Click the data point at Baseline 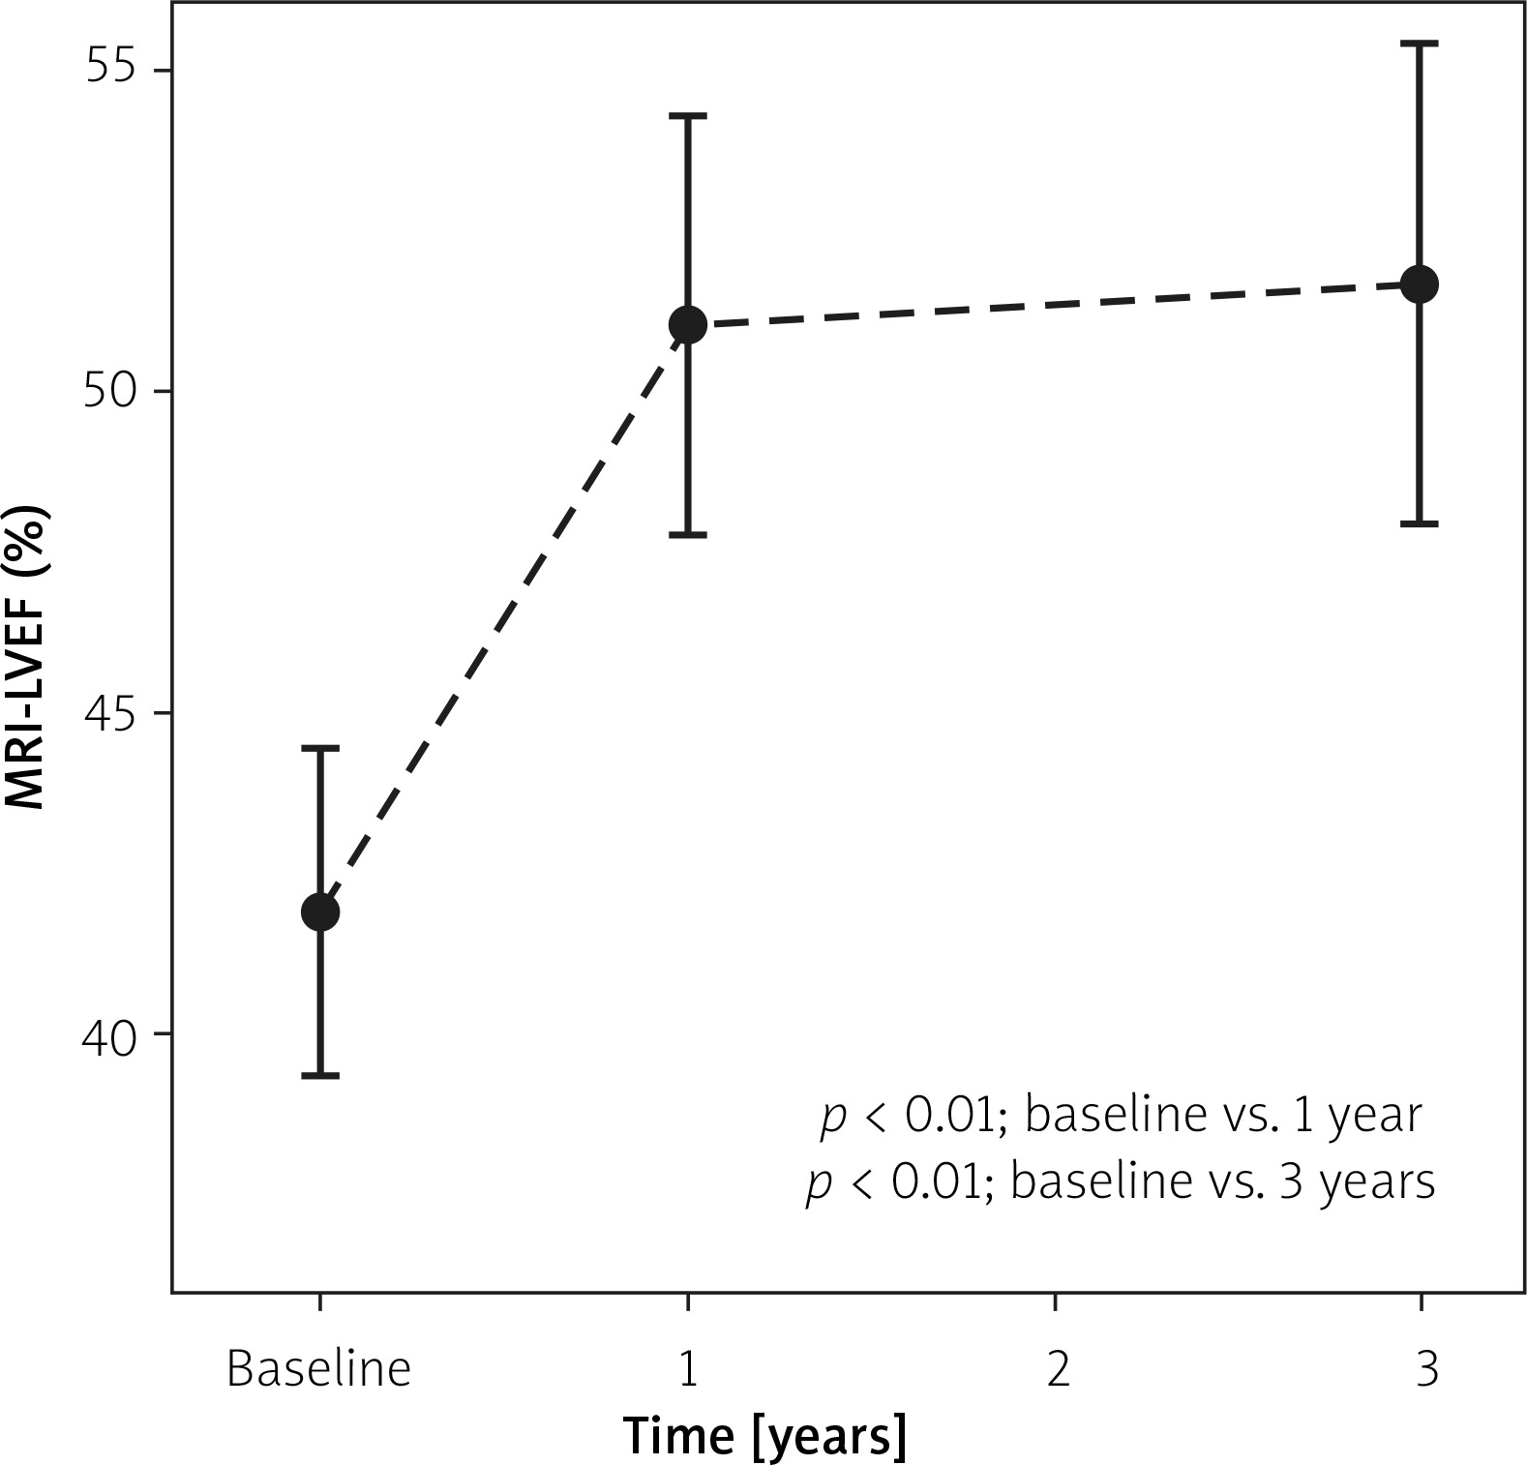320,912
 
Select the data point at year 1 688,325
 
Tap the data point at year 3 1420,284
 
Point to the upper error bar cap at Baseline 320,748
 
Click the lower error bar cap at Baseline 320,1075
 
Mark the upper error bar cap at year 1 688,115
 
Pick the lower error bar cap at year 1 688,534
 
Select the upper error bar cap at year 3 1420,44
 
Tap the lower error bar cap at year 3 1420,523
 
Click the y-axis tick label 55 114,71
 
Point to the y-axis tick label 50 114,392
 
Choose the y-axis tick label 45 114,713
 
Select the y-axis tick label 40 114,1034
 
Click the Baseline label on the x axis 318,1369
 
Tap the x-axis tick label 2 1058,1369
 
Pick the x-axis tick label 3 1426,1369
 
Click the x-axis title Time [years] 764,1435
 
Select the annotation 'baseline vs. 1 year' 1222,1116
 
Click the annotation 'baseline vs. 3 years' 1222,1181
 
